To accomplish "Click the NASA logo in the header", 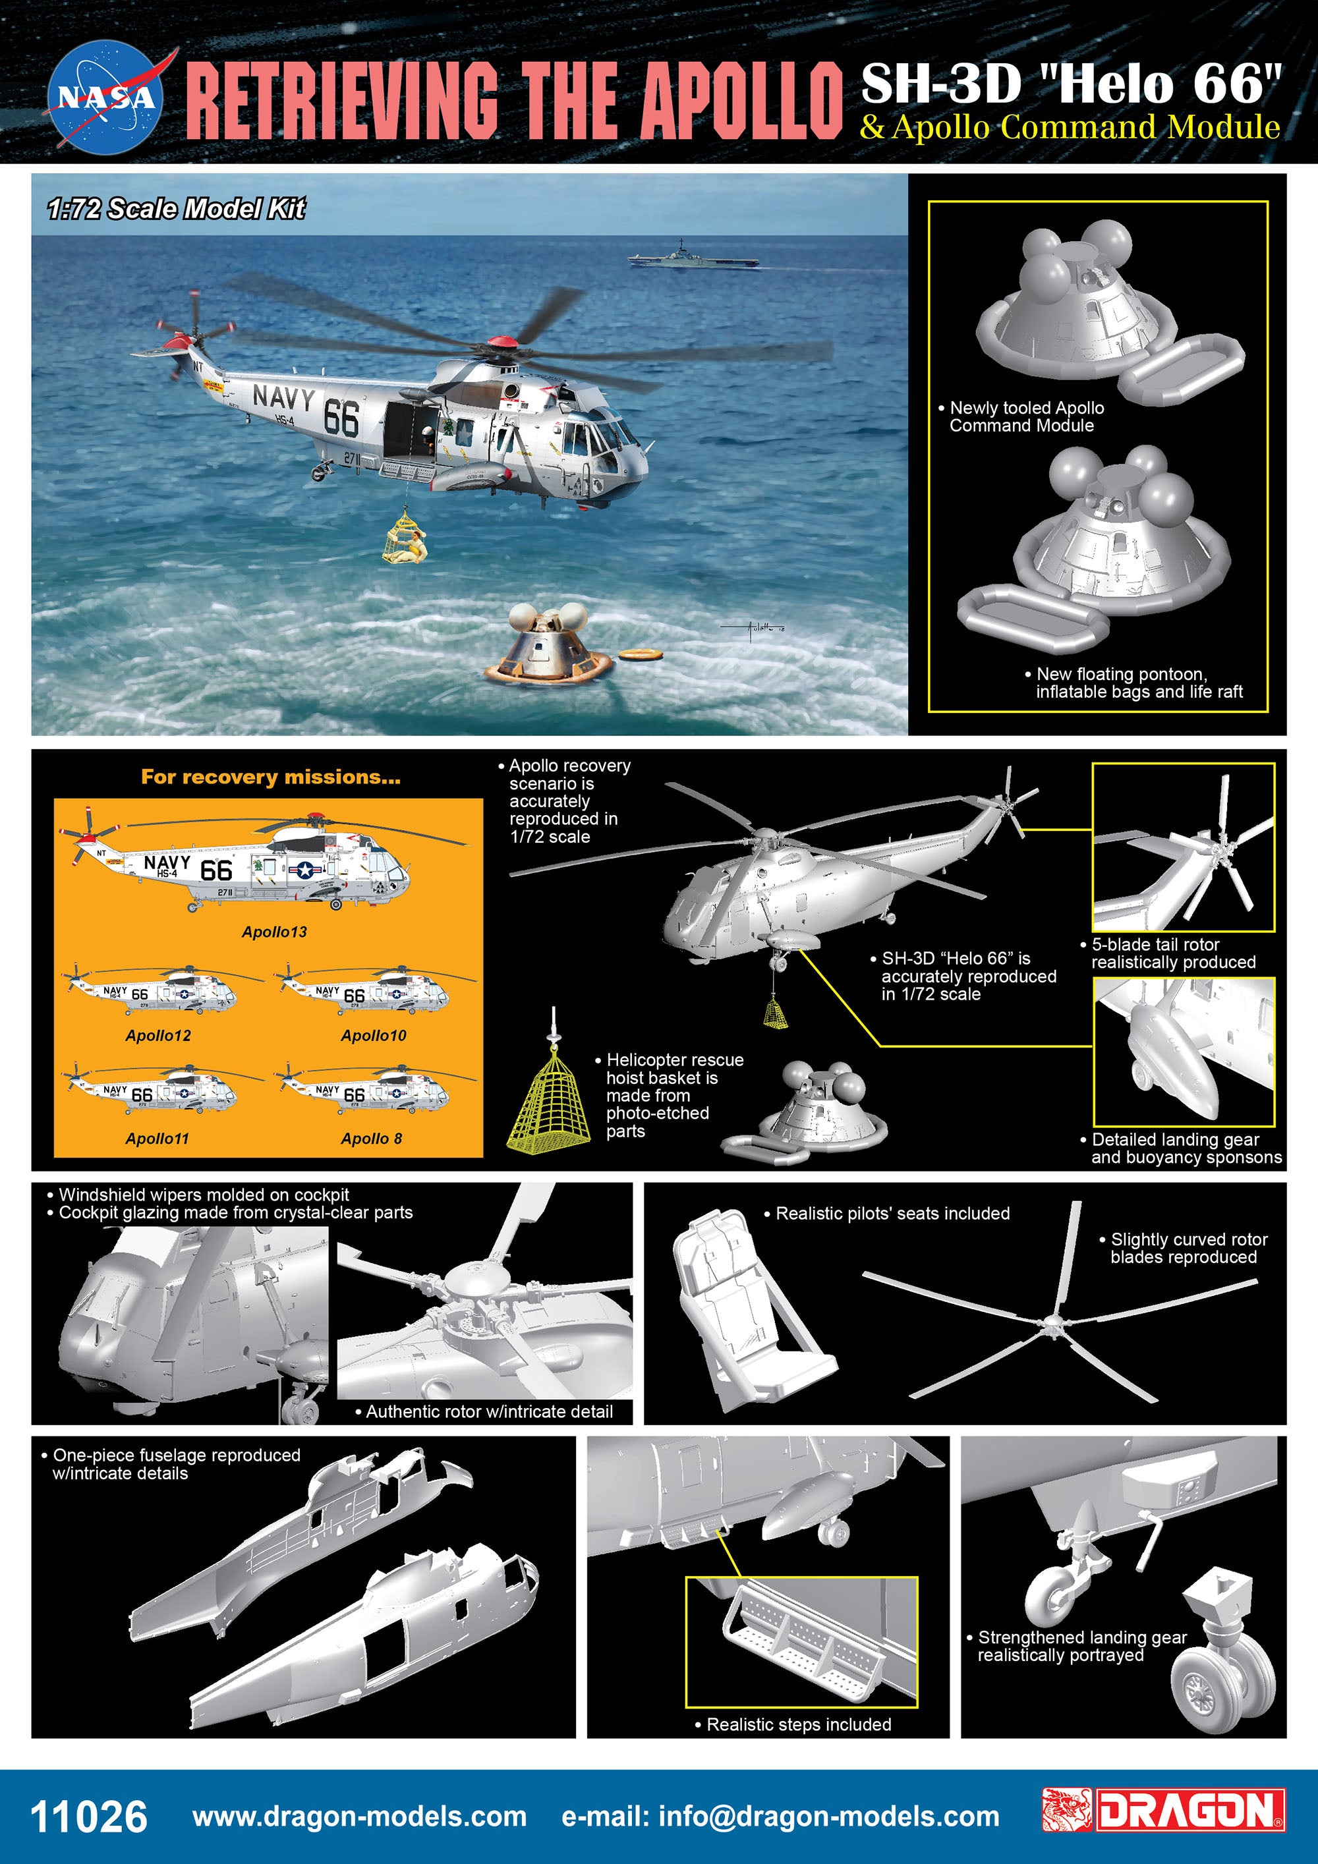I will [105, 98].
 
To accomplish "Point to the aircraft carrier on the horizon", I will [693, 258].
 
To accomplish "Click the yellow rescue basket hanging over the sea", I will [403, 536].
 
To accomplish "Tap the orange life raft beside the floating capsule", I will [640, 654].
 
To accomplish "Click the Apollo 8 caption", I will [371, 1138].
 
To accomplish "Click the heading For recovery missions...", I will [270, 777].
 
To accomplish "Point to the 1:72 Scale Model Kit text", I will [175, 209].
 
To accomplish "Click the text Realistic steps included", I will [797, 1724].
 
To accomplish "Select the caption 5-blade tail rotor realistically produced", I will [1172, 953].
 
